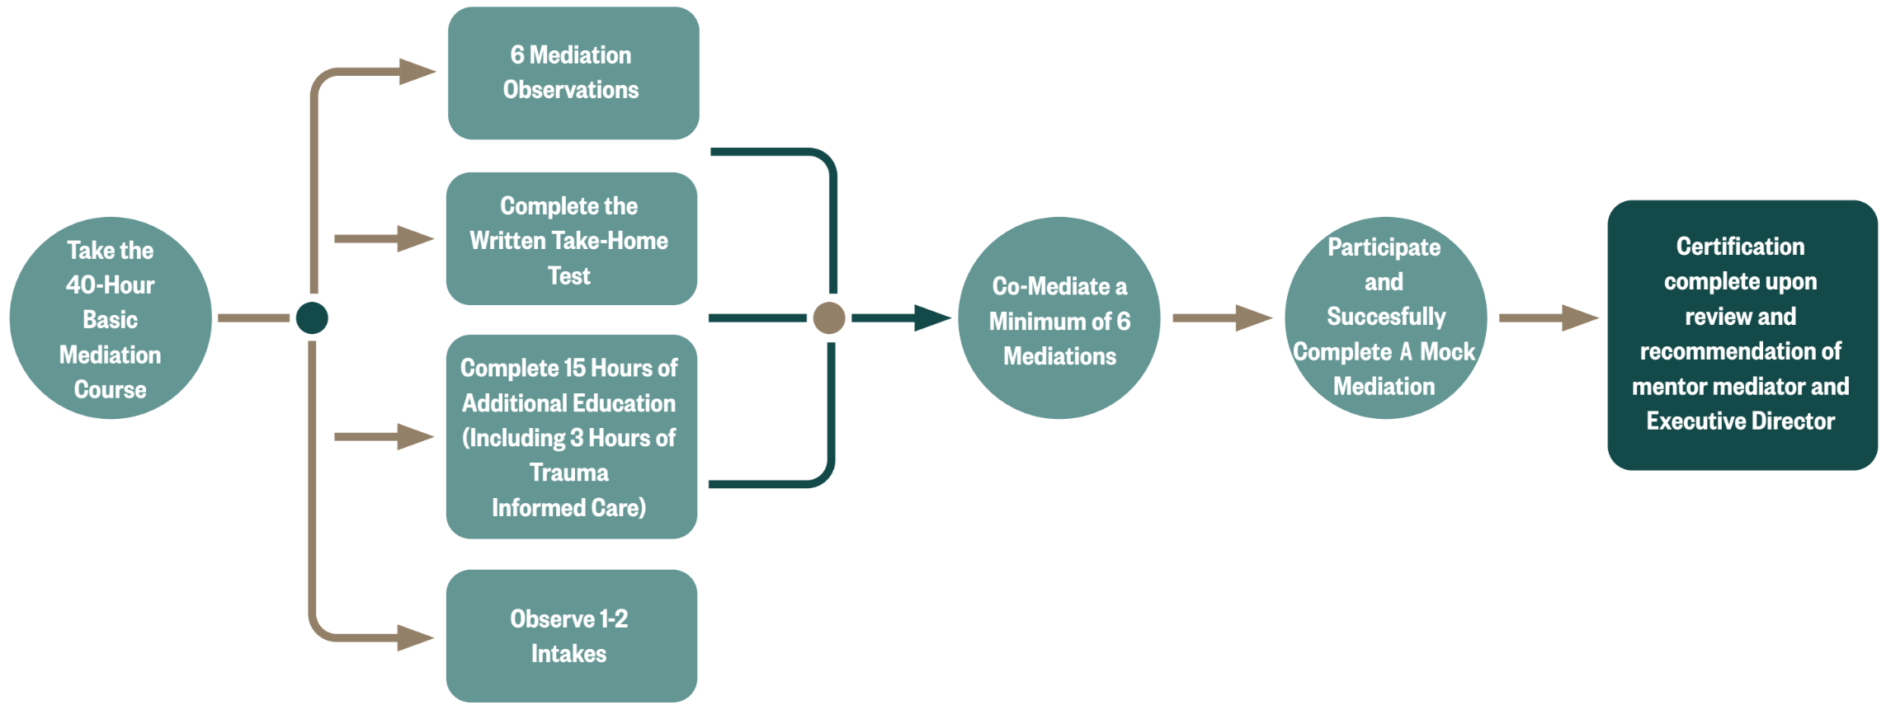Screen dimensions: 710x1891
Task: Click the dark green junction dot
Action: coord(312,317)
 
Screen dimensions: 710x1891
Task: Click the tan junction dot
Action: coord(828,317)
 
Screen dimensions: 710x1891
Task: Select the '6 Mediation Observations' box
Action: coord(573,73)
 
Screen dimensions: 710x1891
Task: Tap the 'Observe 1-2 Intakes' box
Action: coord(571,636)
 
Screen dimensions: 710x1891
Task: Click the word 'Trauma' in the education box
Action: coord(569,473)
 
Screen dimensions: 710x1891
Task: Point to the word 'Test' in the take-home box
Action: coord(569,275)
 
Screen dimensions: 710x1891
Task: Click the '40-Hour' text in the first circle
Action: coord(111,285)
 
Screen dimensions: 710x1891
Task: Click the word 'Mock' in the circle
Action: coord(1447,352)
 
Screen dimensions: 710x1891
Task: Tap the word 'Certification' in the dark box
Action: coord(1740,247)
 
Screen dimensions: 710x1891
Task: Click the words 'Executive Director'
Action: coord(1740,421)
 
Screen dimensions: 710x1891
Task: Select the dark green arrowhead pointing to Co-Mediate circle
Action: coord(932,317)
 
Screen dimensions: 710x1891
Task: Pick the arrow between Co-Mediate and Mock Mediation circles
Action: coord(1222,317)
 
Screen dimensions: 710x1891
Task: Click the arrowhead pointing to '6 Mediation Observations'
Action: coord(417,72)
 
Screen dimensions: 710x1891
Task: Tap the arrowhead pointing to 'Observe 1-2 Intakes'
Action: coord(415,637)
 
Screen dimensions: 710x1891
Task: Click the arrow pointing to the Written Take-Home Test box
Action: coord(384,238)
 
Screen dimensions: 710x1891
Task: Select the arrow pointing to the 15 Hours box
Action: coord(384,436)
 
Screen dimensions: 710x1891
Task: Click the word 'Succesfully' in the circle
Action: coord(1386,317)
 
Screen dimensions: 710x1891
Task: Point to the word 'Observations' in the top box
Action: coord(571,90)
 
